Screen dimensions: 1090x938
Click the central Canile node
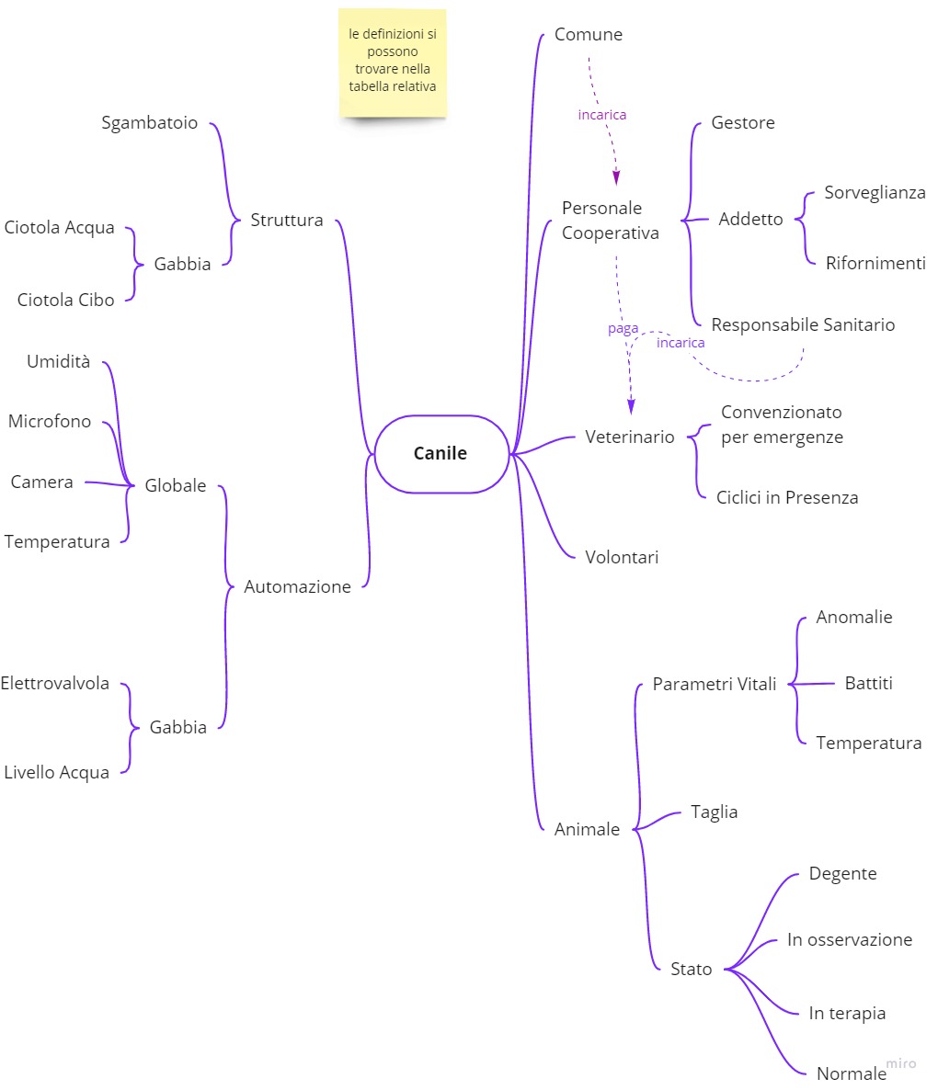(440, 453)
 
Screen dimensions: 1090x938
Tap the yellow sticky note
(393, 62)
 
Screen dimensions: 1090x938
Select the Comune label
(588, 35)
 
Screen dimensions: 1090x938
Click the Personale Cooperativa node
(610, 221)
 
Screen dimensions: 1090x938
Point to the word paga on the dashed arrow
(623, 328)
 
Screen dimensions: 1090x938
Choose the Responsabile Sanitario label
(802, 324)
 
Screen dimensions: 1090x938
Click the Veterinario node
(629, 437)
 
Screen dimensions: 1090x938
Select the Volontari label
(622, 557)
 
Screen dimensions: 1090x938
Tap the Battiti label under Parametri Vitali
(868, 683)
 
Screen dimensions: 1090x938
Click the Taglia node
(714, 812)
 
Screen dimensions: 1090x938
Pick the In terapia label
(847, 1013)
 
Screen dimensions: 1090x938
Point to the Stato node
(691, 969)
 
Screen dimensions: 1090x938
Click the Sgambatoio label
(149, 123)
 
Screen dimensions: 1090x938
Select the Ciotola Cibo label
(65, 300)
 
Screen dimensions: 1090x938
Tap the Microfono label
(50, 422)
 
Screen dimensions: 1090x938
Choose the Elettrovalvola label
(55, 683)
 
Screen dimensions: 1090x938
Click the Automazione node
(297, 586)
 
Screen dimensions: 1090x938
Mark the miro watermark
(901, 1063)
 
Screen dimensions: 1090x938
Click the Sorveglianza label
(874, 192)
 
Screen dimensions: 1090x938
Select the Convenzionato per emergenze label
(782, 425)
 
